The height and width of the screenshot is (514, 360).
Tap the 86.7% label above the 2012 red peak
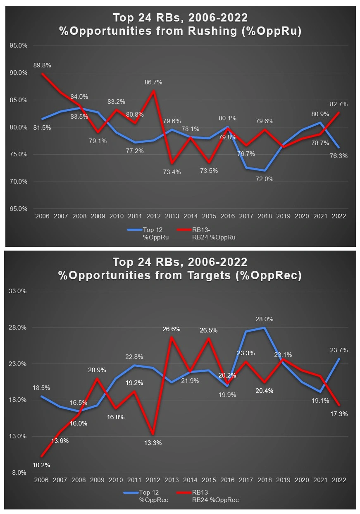click(x=154, y=82)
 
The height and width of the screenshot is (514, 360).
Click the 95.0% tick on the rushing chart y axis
click(x=18, y=45)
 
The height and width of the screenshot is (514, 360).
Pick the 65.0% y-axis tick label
click(x=18, y=209)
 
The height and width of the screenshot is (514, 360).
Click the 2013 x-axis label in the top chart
click(x=172, y=216)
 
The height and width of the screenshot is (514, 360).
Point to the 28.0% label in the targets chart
click(x=264, y=319)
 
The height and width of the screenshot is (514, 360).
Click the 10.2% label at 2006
click(x=41, y=465)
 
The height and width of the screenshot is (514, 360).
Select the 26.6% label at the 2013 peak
click(x=172, y=330)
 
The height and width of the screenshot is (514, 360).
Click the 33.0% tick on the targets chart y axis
click(x=18, y=291)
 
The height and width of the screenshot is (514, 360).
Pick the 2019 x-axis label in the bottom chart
click(x=284, y=480)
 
